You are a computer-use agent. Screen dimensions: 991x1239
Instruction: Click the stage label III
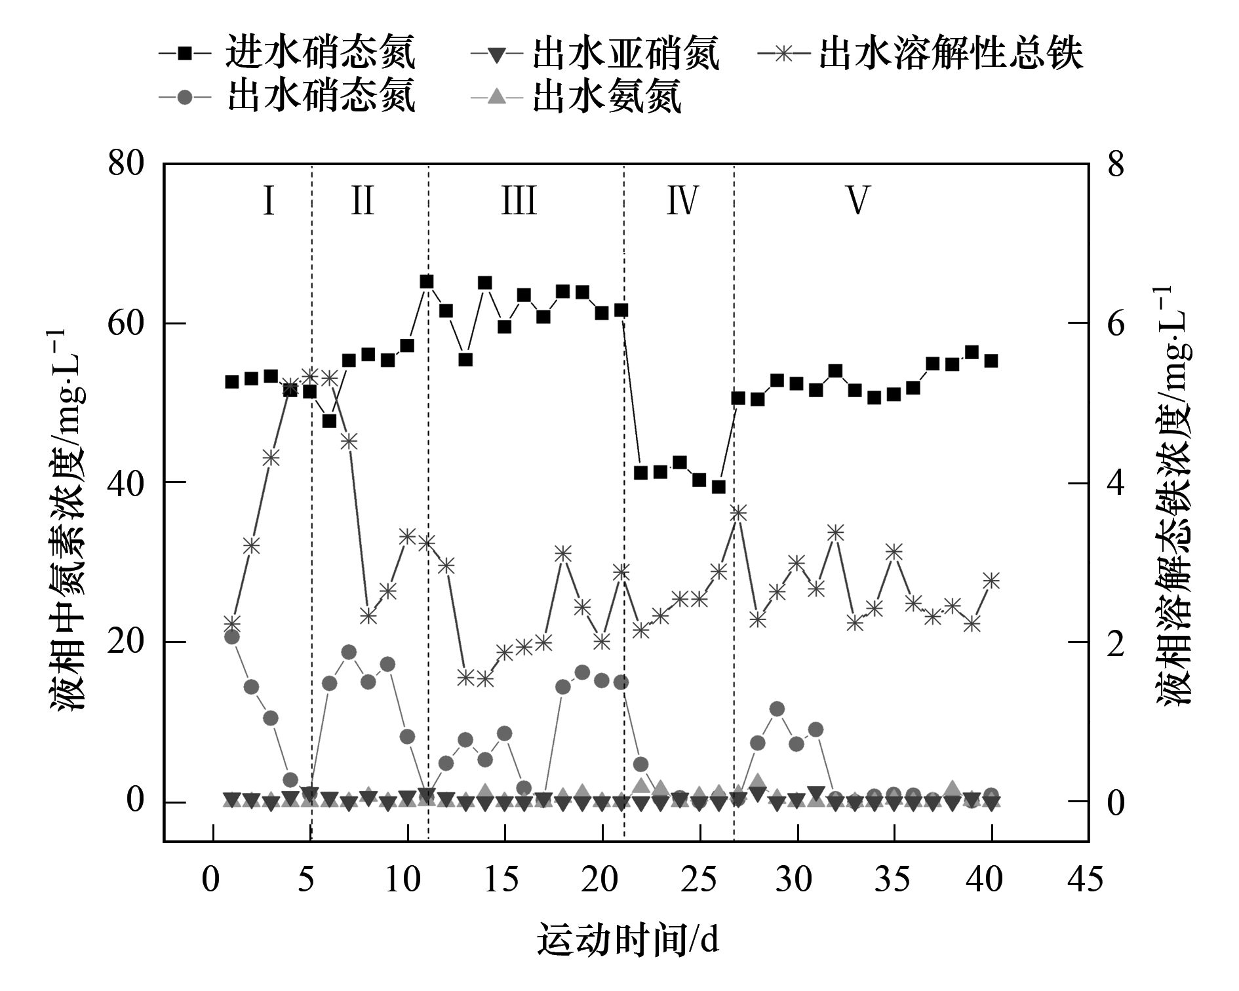click(519, 200)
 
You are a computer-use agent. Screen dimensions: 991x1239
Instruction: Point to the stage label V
click(857, 200)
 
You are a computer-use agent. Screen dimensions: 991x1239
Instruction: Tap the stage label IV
click(682, 200)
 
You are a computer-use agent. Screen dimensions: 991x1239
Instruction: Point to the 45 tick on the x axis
click(1086, 879)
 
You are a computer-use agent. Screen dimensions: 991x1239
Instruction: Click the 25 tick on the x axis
click(699, 879)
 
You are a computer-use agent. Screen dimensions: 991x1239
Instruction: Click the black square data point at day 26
click(719, 487)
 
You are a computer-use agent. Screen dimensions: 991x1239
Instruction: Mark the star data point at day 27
click(738, 513)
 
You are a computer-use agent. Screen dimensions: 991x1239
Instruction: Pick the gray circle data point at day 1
click(231, 636)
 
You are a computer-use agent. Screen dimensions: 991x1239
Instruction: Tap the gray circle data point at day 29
click(777, 709)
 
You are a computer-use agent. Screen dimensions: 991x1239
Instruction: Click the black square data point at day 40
click(991, 360)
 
